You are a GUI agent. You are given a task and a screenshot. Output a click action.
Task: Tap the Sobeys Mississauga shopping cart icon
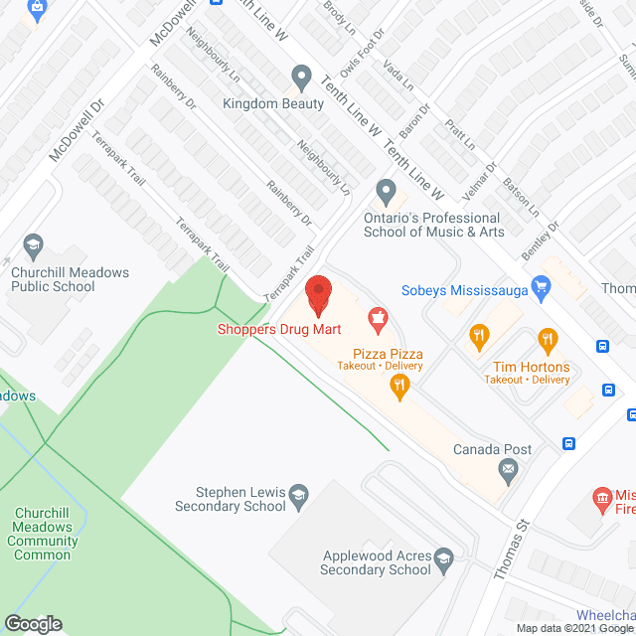[x=542, y=289]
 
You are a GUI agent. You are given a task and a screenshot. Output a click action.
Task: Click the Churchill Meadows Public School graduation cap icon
[x=33, y=245]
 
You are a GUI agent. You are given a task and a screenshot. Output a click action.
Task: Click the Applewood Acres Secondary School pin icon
[x=444, y=557]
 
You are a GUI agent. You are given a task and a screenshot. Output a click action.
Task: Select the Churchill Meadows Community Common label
[x=42, y=534]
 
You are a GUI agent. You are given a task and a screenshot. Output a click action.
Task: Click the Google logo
[x=33, y=623]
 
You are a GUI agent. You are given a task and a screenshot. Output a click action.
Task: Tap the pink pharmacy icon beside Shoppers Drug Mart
[x=377, y=318]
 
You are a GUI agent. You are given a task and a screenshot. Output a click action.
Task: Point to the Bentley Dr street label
[x=542, y=240]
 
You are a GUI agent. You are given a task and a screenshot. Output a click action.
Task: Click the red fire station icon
[x=601, y=497]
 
